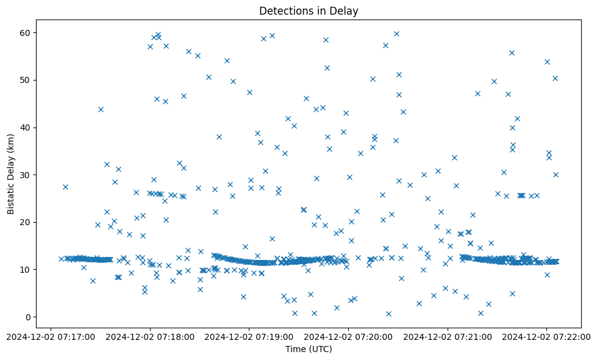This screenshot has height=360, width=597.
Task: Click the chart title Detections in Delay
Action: [309, 10]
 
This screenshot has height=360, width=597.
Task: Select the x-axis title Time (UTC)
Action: [309, 349]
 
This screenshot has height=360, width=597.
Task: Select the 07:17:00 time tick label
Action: [51, 336]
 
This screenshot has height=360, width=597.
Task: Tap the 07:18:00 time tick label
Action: [150, 336]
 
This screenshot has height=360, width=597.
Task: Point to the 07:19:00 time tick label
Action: [249, 336]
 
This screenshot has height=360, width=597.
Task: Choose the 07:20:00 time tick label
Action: [348, 336]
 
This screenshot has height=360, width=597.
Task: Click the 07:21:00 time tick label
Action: [448, 336]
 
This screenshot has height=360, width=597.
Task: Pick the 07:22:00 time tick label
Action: [546, 336]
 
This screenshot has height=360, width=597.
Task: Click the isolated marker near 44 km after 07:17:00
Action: [101, 109]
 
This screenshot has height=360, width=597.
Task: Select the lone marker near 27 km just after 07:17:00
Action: [65, 187]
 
